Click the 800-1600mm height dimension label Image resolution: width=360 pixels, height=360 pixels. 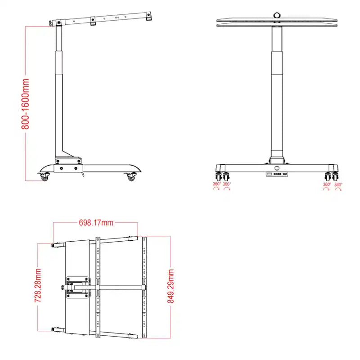(26, 103)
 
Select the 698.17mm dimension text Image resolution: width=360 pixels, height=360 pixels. (95, 223)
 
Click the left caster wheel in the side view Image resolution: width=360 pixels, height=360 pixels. (44, 178)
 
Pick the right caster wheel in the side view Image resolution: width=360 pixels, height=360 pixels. (131, 178)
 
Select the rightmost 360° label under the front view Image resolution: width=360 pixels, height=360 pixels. (338, 184)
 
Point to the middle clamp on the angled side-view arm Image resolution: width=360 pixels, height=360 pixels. (93, 21)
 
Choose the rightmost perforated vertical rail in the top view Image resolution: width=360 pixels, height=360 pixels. (144, 286)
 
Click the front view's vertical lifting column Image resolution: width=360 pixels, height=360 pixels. (277, 90)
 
